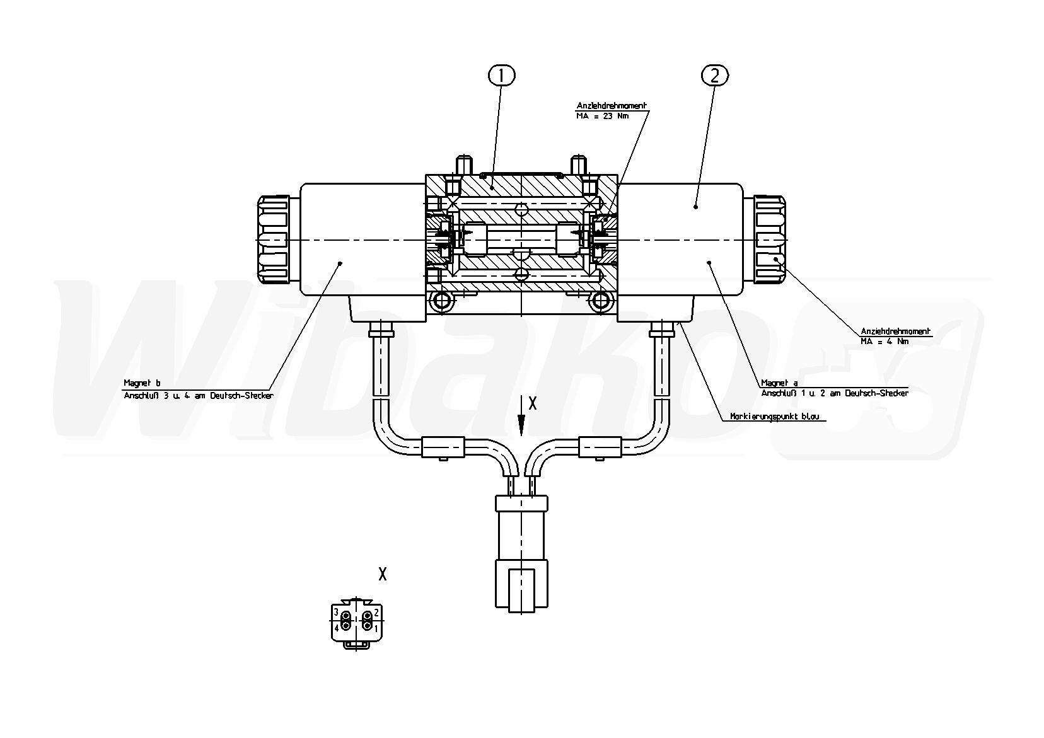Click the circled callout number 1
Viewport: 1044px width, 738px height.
pos(501,76)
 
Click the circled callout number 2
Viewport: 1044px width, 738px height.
pos(714,76)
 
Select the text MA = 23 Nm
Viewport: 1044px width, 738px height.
pos(602,116)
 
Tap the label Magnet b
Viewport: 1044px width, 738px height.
pos(142,383)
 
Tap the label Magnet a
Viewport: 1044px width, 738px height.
pos(779,383)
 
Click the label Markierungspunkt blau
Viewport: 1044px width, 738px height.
pos(774,417)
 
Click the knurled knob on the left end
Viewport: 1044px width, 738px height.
pos(273,239)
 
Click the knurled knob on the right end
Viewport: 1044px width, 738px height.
pos(770,239)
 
